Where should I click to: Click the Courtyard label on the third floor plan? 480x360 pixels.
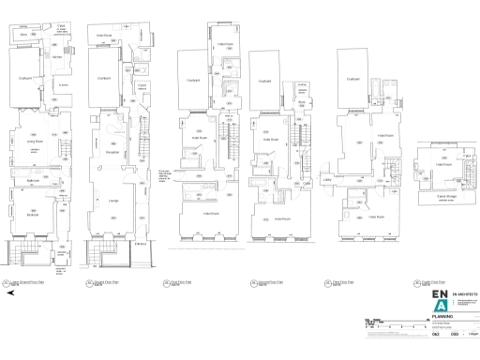[353, 79]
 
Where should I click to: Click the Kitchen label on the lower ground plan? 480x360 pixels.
[56, 58]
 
